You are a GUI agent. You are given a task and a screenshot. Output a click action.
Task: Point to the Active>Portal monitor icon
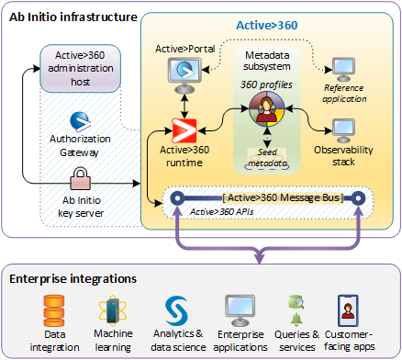tap(186, 72)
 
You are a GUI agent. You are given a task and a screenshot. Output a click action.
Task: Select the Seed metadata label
tap(267, 157)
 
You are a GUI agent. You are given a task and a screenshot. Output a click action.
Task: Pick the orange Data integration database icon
tap(54, 309)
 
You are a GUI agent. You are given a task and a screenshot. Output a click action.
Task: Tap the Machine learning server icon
tap(113, 309)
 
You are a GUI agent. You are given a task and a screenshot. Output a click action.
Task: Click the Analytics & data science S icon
tap(175, 308)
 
